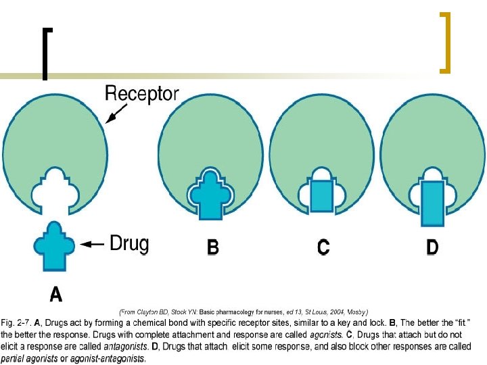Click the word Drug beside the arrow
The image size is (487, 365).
(129, 243)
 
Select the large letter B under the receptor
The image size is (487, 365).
(212, 247)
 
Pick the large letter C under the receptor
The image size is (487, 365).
(323, 247)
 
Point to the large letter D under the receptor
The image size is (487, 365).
(432, 247)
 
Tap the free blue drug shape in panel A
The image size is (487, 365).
(56, 244)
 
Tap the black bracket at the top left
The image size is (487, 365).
(45, 53)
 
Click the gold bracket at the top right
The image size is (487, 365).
(445, 42)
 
